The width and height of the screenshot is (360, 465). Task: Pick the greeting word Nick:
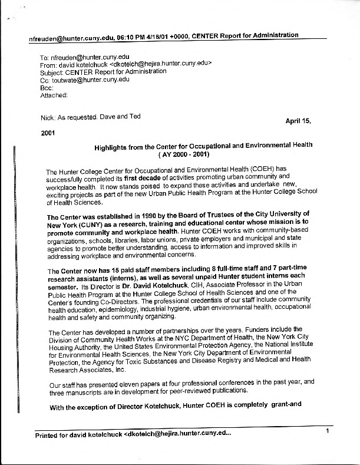coord(48,118)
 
